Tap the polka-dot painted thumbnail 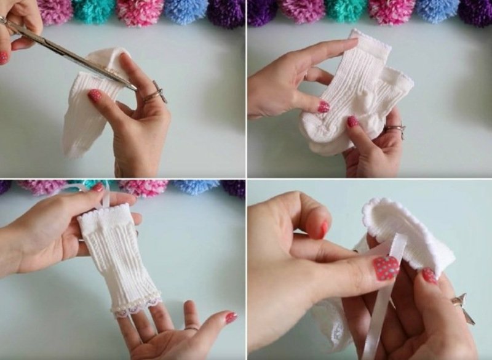pyautogui.click(x=386, y=268)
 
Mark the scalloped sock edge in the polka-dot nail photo pyautogui.click(x=394, y=212)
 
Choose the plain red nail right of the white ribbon pyautogui.click(x=429, y=275)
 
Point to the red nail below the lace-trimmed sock pyautogui.click(x=231, y=318)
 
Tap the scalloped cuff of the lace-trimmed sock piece pyautogui.click(x=105, y=212)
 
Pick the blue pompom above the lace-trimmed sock pyautogui.click(x=196, y=186)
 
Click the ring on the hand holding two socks pyautogui.click(x=395, y=129)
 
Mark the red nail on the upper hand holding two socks pyautogui.click(x=323, y=106)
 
